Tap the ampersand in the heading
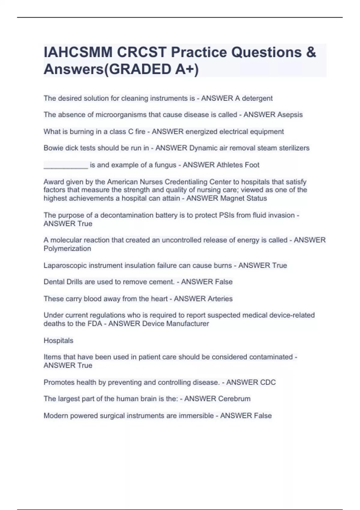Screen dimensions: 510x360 (311, 52)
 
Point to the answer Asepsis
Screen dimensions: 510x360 (290, 115)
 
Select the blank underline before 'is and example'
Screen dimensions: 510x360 (66, 165)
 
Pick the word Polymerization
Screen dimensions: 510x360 (67, 249)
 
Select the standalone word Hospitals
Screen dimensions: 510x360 (58, 340)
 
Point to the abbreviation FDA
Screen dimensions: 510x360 (95, 324)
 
